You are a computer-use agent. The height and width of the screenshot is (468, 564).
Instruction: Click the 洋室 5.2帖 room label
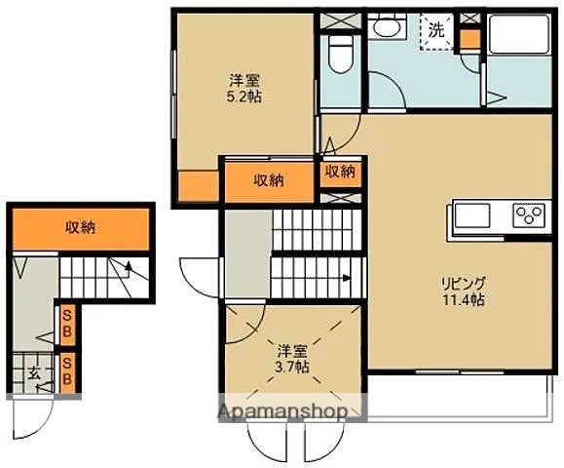pyautogui.click(x=244, y=89)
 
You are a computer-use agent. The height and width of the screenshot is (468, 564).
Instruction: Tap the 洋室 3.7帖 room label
pyautogui.click(x=292, y=359)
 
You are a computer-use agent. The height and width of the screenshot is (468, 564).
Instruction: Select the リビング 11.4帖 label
pyautogui.click(x=464, y=292)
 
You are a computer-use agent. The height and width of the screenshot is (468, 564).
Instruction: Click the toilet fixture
pyautogui.click(x=340, y=53)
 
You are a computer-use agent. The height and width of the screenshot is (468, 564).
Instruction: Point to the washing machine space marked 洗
pyautogui.click(x=436, y=31)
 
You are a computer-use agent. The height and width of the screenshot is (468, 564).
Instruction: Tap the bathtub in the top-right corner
pyautogui.click(x=519, y=34)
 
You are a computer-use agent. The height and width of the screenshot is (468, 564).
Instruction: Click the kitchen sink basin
pyautogui.click(x=472, y=215)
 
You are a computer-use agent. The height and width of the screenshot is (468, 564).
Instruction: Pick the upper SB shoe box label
pyautogui.click(x=67, y=326)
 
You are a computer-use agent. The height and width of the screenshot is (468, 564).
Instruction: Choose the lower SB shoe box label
pyautogui.click(x=67, y=372)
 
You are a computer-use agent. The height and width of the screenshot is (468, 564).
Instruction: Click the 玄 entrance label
pyautogui.click(x=34, y=374)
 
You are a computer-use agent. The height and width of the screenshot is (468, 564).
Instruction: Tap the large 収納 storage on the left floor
pyautogui.click(x=81, y=228)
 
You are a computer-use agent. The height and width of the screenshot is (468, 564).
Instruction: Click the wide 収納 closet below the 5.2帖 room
pyautogui.click(x=269, y=180)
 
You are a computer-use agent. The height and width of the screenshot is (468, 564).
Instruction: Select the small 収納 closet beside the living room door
pyautogui.click(x=340, y=172)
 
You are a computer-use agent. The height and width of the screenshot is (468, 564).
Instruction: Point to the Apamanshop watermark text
pyautogui.click(x=282, y=411)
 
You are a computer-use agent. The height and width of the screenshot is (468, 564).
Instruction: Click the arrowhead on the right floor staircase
pyautogui.click(x=346, y=278)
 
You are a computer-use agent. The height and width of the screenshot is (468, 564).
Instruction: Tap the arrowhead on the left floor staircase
pyautogui.click(x=128, y=266)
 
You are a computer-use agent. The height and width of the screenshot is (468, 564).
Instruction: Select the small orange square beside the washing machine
pyautogui.click(x=470, y=39)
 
